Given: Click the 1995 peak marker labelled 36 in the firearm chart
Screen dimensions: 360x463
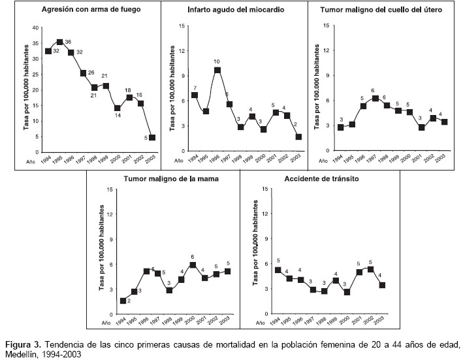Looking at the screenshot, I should pos(59,42).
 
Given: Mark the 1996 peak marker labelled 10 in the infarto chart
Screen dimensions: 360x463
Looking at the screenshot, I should pos(217,70).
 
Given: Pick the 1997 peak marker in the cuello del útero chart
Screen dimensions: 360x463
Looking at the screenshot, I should pos(375,99).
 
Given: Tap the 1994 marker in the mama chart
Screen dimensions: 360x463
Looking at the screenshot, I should pos(123,301).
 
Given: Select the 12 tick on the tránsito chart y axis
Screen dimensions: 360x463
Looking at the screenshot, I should pos(264,214).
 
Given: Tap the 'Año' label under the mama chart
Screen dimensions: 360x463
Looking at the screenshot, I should pos(107,322).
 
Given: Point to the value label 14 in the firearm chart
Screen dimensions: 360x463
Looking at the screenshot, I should pos(117,116).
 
